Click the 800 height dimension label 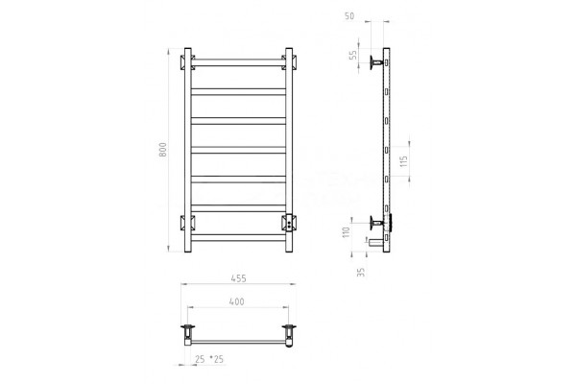(163, 150)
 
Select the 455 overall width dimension (239, 278)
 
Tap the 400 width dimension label (236, 301)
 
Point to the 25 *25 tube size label (209, 359)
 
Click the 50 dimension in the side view (349, 16)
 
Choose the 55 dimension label (352, 55)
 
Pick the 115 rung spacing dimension (404, 161)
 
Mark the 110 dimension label (346, 232)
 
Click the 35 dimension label (361, 272)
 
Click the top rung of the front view (238, 62)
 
